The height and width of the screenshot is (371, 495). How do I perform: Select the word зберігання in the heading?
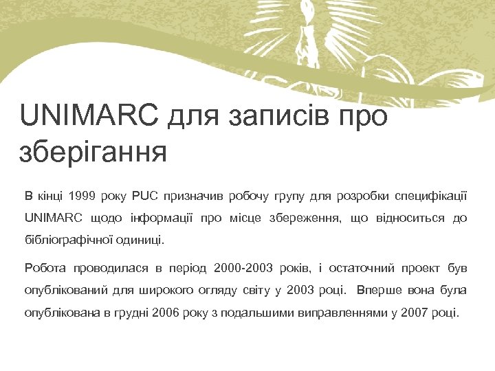point(93,151)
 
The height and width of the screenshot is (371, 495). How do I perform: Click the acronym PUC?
point(144,196)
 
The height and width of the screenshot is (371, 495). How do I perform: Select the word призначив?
point(195,196)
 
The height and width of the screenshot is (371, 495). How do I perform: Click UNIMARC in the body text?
point(52,218)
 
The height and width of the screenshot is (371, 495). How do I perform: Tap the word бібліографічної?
point(64,242)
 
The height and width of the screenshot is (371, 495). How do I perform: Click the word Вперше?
point(380,290)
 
